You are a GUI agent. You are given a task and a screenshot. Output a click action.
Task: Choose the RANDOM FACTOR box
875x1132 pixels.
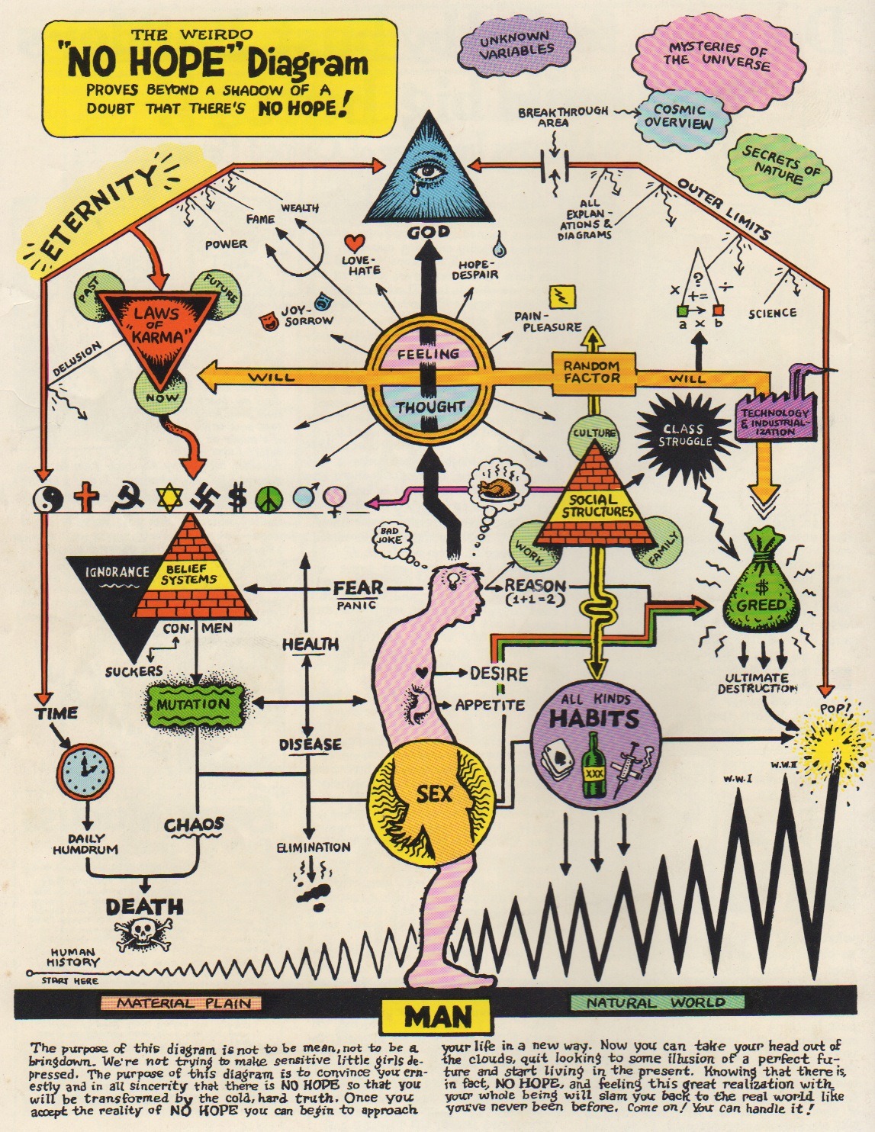[592, 371]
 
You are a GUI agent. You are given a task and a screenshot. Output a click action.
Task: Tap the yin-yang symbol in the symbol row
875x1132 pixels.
[50, 499]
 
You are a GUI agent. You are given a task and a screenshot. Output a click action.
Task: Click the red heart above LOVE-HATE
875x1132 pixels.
[352, 243]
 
